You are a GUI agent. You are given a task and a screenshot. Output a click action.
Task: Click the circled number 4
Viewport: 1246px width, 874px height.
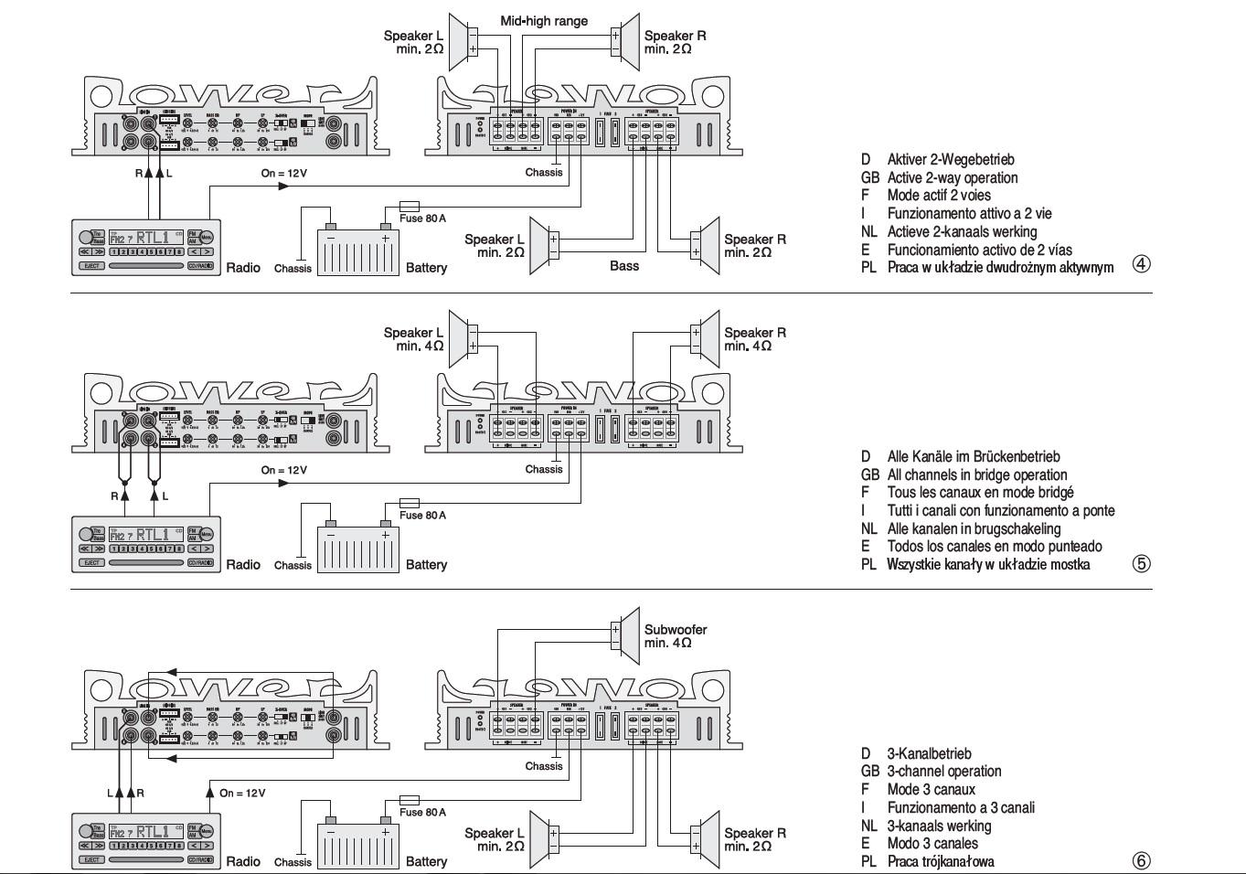tap(1141, 264)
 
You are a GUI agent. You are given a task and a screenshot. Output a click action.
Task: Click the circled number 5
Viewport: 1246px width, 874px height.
tap(1141, 563)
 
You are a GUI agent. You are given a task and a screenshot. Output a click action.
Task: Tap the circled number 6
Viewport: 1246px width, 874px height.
tap(1141, 860)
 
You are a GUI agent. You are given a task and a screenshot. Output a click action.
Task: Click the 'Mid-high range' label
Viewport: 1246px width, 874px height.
tap(544, 21)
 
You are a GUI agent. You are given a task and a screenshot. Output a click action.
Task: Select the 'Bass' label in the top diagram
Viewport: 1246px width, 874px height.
tap(624, 266)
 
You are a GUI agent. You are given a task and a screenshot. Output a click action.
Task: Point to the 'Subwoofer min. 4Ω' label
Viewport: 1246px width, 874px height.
tap(675, 635)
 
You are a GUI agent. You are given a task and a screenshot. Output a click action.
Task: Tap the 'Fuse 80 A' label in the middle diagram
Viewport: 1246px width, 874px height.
tap(422, 515)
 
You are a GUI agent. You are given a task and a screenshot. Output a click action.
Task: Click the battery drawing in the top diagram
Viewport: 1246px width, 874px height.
tap(357, 248)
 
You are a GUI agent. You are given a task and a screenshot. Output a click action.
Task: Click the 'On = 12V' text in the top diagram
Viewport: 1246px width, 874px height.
tap(284, 173)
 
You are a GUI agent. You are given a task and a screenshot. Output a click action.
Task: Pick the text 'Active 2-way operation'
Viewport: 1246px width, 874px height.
tap(952, 177)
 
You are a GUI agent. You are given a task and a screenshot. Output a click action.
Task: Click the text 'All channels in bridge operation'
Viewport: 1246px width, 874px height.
tap(976, 474)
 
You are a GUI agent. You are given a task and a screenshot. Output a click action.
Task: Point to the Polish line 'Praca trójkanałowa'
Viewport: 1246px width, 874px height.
tap(940, 861)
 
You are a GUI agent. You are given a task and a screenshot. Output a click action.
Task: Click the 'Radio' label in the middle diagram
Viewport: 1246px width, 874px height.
tap(243, 565)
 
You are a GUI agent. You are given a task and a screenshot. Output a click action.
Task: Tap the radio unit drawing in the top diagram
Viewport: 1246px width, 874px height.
tap(146, 247)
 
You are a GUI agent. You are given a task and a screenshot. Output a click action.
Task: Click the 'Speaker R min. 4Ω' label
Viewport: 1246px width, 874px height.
tap(755, 339)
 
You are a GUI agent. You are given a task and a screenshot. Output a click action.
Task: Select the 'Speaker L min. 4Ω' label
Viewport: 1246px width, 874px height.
tap(413, 339)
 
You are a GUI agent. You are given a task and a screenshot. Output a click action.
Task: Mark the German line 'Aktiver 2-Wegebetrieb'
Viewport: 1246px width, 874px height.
tap(950, 159)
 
